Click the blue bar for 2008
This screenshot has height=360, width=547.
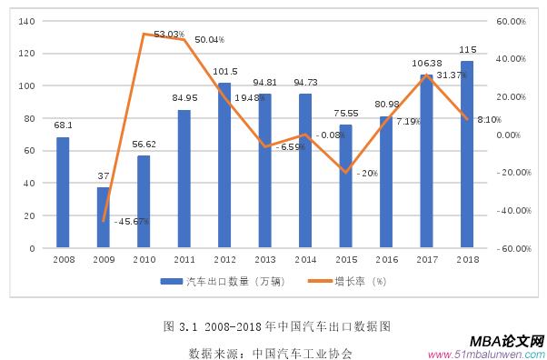tap(63, 192)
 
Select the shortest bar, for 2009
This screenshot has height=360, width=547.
tap(104, 217)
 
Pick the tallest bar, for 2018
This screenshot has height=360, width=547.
tap(467, 154)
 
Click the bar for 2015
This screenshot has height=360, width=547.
tap(345, 185)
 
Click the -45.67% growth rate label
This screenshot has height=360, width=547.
tap(133, 221)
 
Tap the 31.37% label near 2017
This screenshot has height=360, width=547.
tap(451, 75)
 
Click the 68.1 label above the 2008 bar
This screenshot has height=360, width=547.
tap(63, 125)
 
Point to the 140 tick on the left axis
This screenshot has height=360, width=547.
tap(26, 21)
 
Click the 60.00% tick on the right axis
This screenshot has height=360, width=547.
tap(512, 21)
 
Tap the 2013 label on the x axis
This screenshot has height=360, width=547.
tap(265, 259)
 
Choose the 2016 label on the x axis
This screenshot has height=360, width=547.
tap(386, 259)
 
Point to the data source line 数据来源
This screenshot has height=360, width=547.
tap(270, 353)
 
